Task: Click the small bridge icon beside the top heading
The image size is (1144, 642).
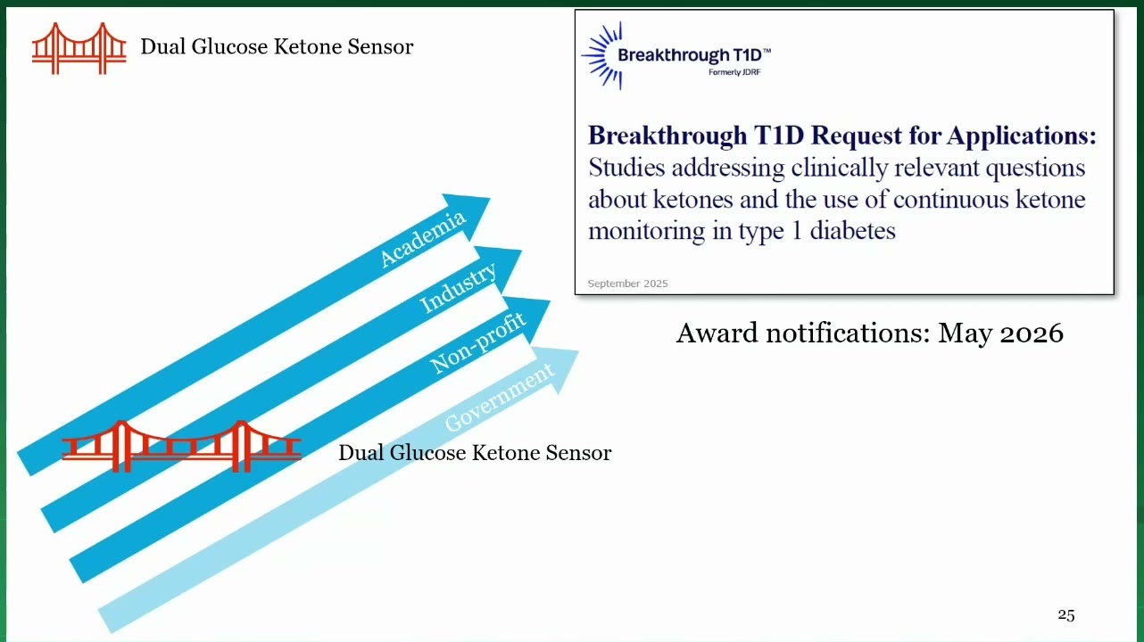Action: [x=79, y=48]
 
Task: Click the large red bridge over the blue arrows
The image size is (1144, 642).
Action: [x=181, y=447]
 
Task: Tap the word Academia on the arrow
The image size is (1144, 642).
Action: [x=423, y=238]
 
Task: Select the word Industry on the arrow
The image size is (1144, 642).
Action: [x=458, y=287]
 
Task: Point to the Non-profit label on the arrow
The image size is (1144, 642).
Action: [x=477, y=342]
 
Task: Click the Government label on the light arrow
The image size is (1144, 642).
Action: [x=499, y=397]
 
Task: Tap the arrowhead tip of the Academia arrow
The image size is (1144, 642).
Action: [x=490, y=199]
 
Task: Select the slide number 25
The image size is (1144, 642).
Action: [x=1065, y=615]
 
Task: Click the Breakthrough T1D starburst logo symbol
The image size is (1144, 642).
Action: [x=602, y=55]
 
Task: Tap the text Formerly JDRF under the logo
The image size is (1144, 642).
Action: [x=734, y=72]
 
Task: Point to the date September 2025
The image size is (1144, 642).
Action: [x=627, y=284]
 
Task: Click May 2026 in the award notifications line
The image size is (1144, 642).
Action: [x=1000, y=333]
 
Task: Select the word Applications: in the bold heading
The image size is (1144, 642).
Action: [x=1021, y=136]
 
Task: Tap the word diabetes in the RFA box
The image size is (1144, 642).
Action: [x=852, y=231]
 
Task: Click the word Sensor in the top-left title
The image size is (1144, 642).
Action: [x=380, y=47]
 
